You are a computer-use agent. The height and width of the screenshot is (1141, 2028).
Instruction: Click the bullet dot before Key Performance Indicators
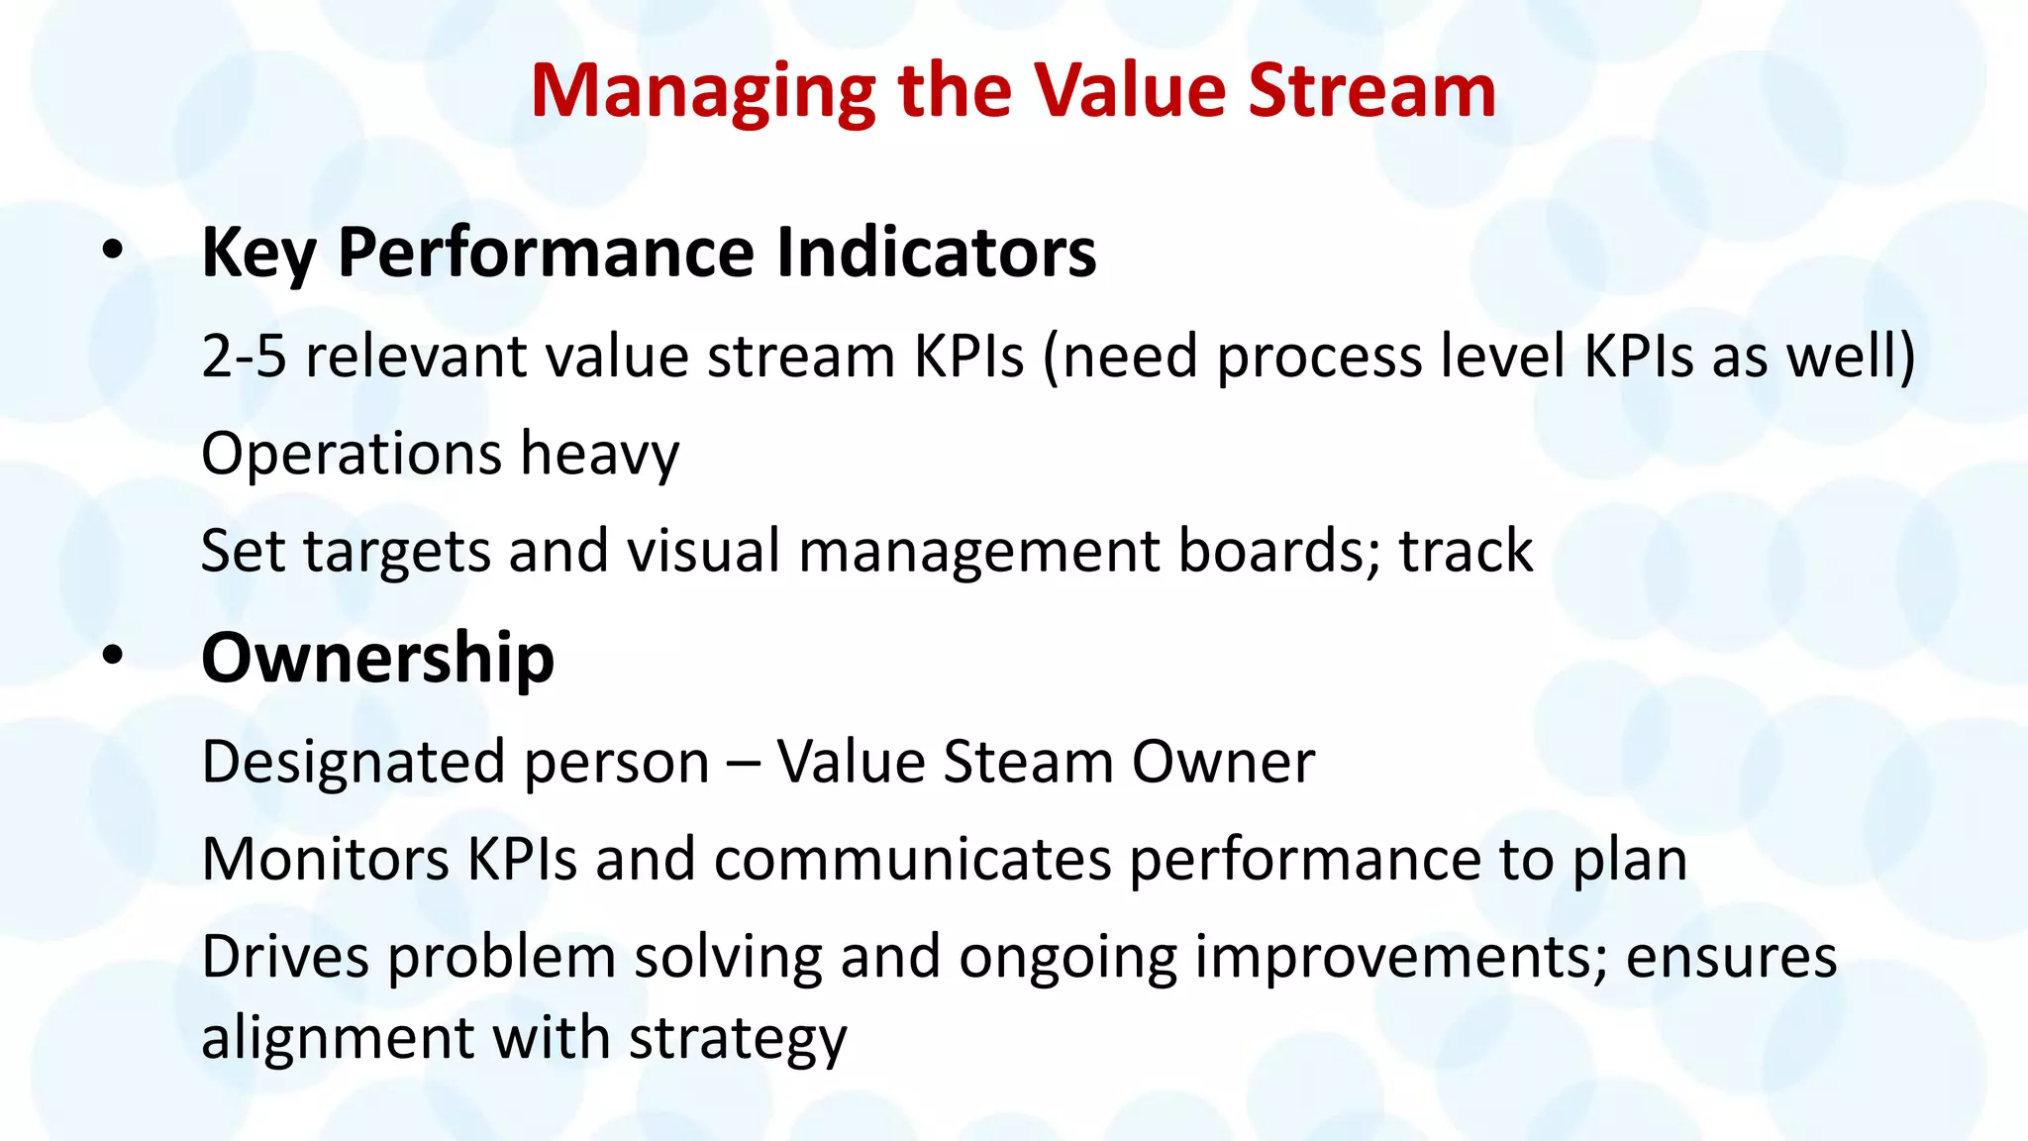[x=113, y=252]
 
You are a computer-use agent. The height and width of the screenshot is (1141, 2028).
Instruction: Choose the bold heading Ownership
[x=377, y=658]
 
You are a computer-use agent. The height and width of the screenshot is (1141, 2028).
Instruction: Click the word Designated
[x=355, y=763]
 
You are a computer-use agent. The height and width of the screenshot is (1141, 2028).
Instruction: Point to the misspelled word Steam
[x=1028, y=762]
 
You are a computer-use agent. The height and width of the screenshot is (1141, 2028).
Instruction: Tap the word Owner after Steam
[x=1223, y=762]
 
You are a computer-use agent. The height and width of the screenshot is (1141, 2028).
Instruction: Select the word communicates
[x=912, y=859]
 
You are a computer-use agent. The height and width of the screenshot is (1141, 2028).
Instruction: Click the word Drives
[x=285, y=957]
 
